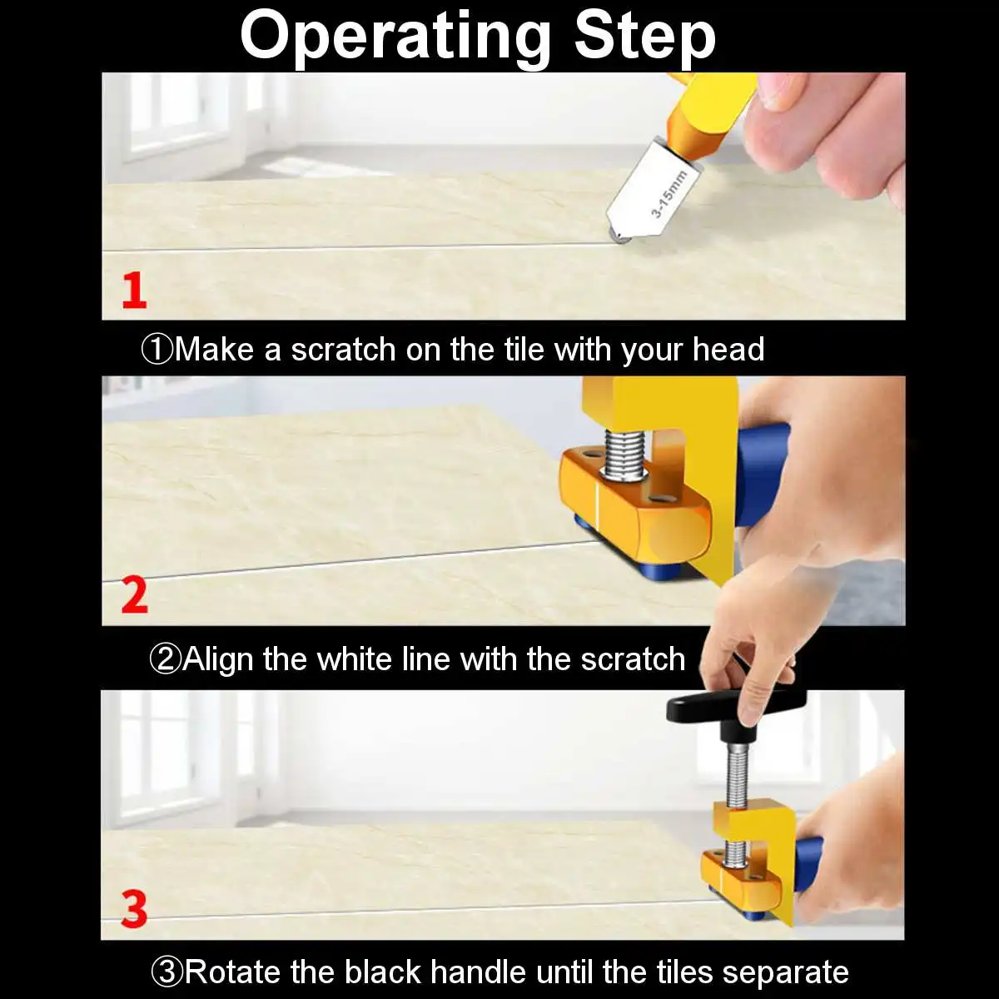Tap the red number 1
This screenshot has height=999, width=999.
coord(134,291)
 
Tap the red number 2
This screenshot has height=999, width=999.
coord(134,596)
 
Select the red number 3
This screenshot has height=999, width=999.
coord(134,909)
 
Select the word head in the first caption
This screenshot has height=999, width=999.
coord(728,350)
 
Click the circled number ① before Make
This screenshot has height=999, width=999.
coord(157,350)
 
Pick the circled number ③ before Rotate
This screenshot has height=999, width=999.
coord(166,972)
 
